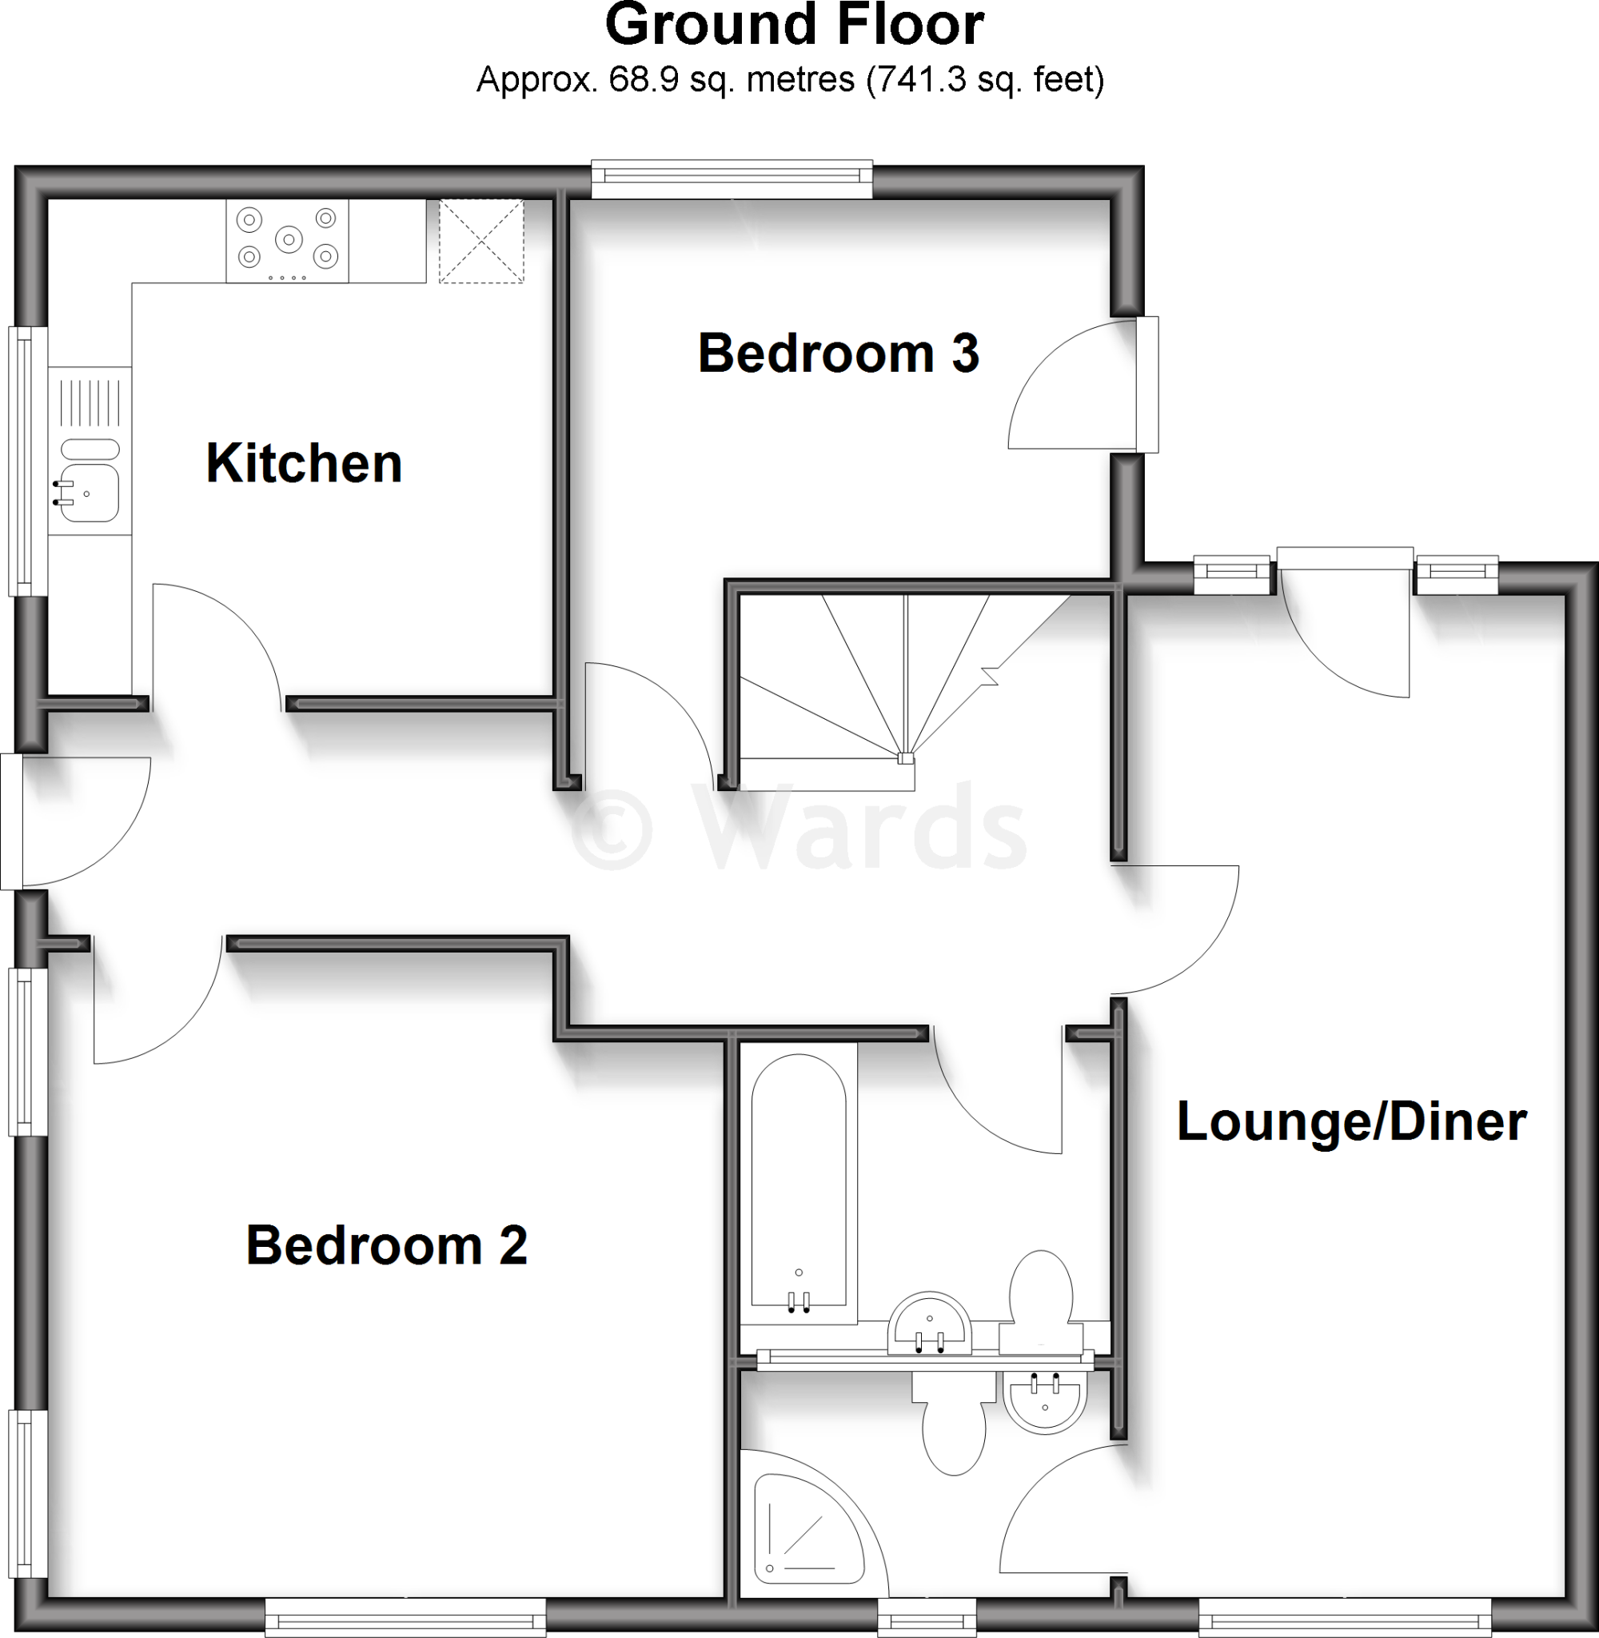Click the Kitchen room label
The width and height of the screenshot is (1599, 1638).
pos(304,464)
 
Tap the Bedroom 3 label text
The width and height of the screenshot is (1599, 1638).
pos(838,354)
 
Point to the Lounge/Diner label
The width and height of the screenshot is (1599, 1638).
pos(1351,1121)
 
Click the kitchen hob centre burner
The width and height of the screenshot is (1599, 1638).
pos(288,240)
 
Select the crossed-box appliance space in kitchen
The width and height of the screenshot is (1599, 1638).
pos(481,241)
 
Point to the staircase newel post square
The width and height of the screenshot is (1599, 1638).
pos(904,757)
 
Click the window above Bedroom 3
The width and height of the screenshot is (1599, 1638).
pos(732,178)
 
